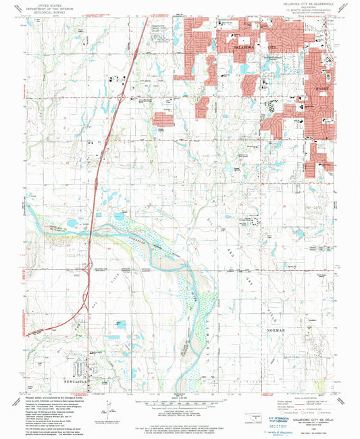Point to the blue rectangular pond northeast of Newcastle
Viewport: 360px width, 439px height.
point(122,327)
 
